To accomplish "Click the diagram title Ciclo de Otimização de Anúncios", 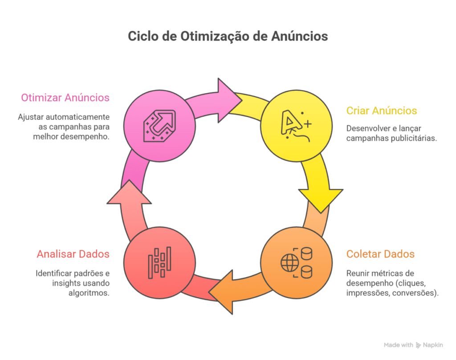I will [x=228, y=36].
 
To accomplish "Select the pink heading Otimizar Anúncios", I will [x=65, y=97].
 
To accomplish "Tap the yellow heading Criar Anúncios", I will [x=382, y=110].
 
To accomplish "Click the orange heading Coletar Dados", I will [x=380, y=254].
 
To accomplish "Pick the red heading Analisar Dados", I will [x=73, y=254].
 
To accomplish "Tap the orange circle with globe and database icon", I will [x=296, y=263].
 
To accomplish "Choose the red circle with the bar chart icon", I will [x=159, y=263].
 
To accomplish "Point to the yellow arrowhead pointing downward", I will [x=320, y=198].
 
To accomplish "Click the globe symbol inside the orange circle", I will [x=288, y=263].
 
